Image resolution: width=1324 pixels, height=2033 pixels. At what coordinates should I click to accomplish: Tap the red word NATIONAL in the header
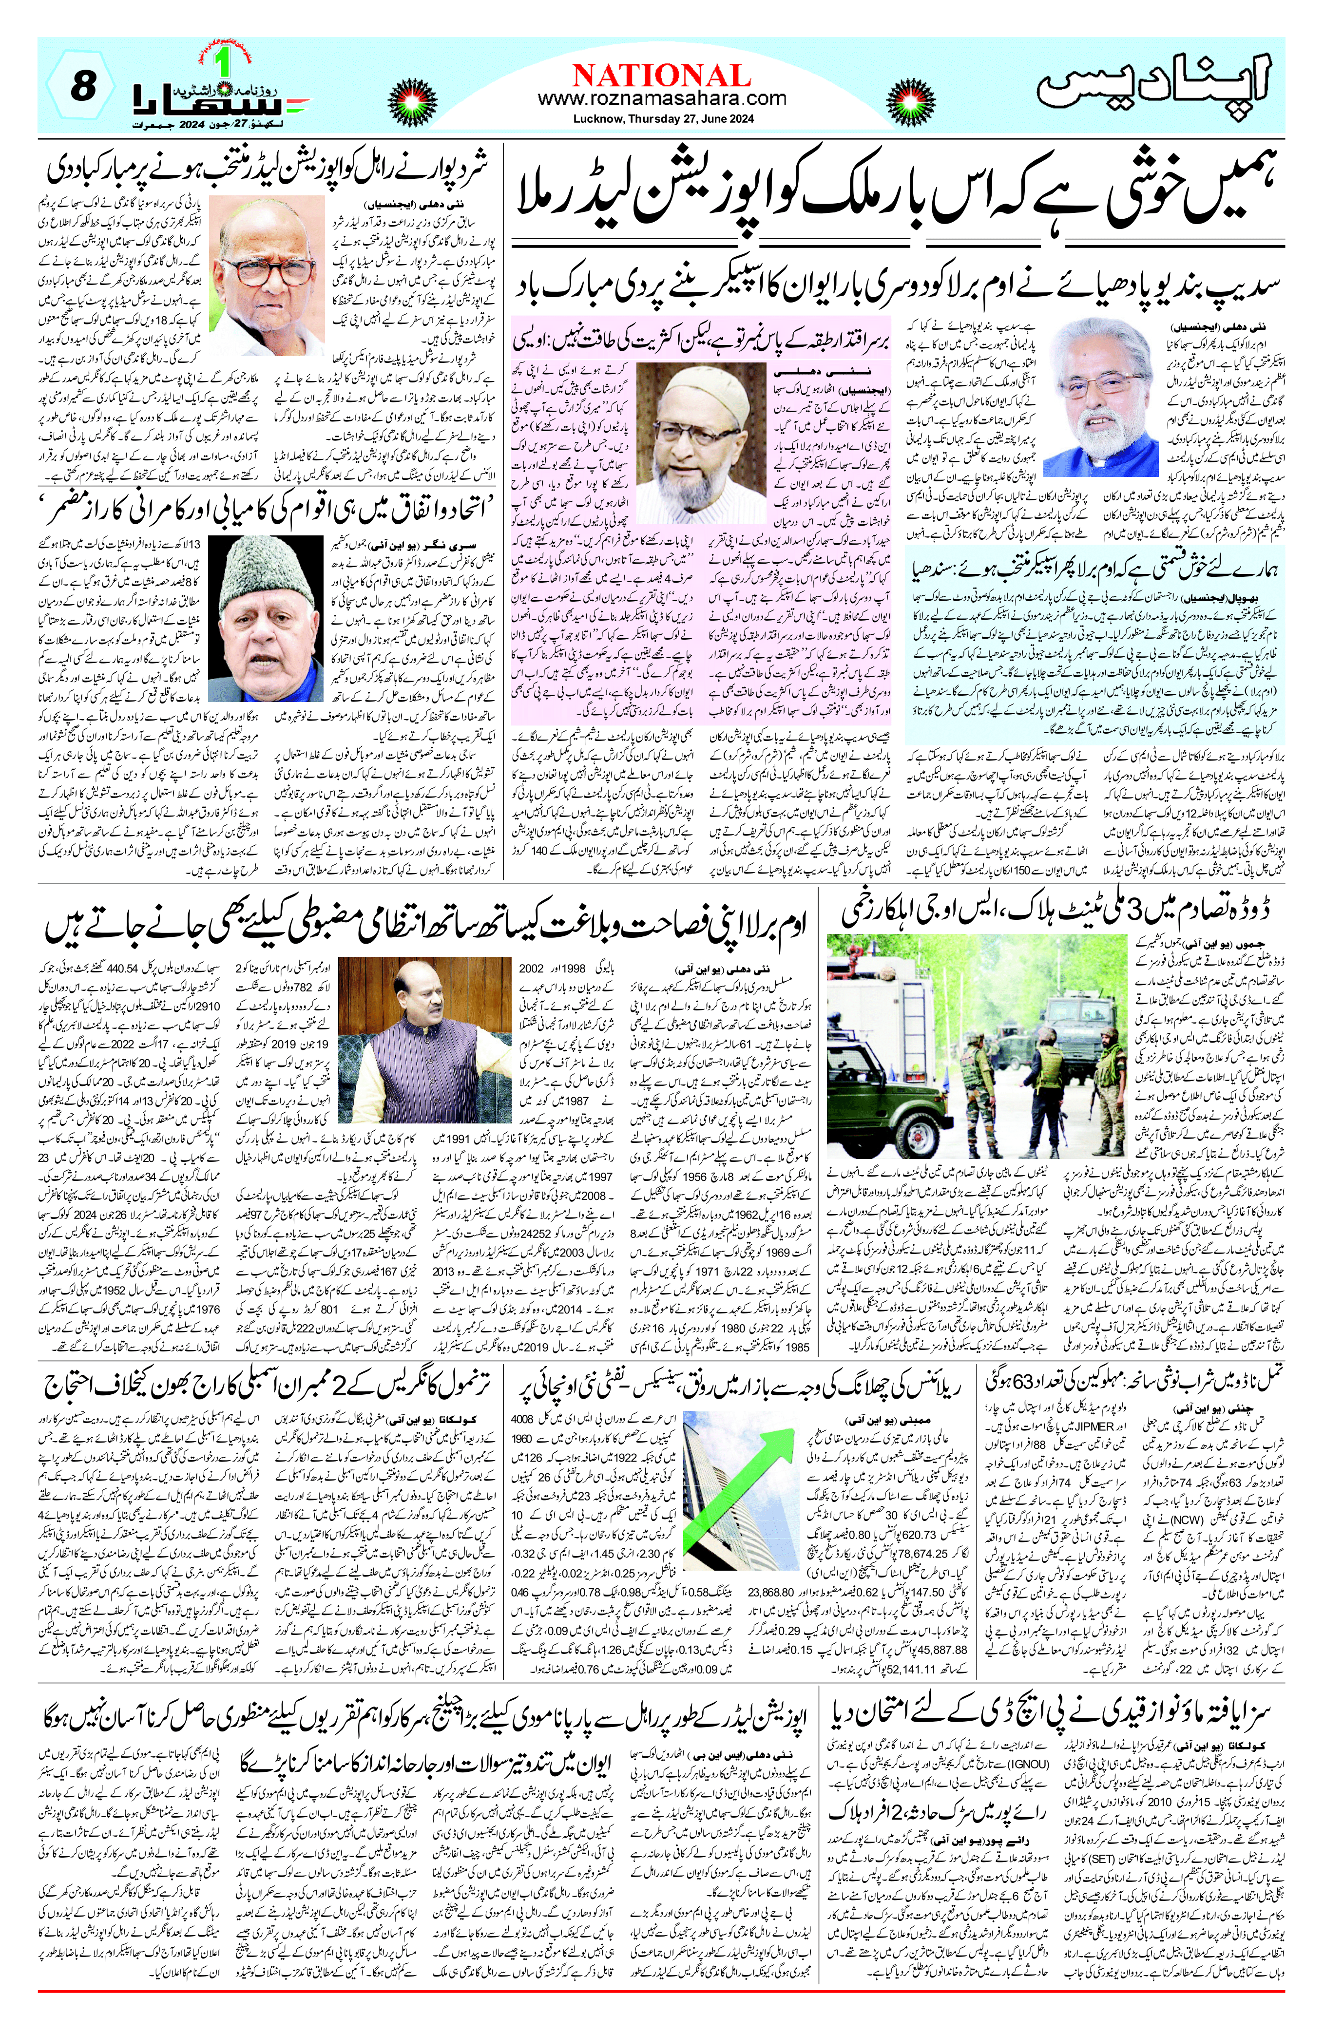click(x=661, y=75)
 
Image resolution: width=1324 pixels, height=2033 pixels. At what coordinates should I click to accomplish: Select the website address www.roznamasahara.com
click(x=661, y=99)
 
